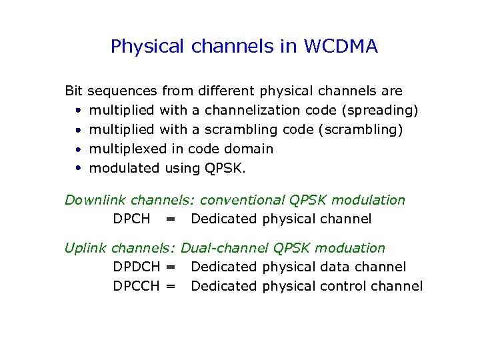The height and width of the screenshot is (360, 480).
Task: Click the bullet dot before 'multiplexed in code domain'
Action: click(78, 149)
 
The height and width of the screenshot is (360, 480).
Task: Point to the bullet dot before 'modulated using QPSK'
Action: click(78, 168)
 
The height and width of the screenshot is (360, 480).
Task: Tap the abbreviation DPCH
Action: click(131, 219)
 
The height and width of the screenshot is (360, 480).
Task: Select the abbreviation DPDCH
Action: click(137, 267)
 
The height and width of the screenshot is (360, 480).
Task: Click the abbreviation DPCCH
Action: click(137, 286)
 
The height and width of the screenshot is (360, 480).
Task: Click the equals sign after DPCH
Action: click(171, 219)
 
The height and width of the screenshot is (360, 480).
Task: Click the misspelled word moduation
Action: click(350, 248)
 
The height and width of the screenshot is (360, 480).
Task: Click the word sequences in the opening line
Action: click(123, 90)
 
